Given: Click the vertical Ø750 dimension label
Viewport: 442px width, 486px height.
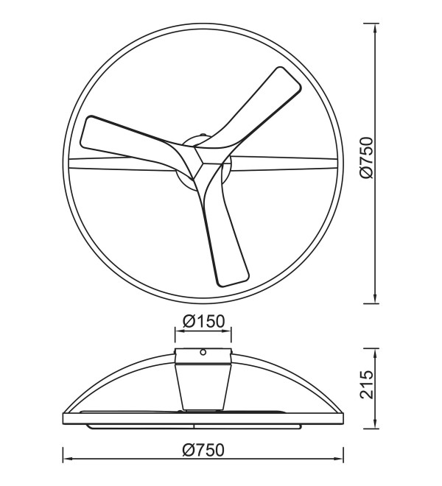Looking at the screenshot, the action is pos(367,158).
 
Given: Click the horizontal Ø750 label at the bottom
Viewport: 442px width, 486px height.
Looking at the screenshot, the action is pos(203,451).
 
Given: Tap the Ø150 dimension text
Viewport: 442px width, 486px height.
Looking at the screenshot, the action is pos(203,321).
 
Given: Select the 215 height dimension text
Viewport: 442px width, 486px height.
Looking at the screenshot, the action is pos(367,384).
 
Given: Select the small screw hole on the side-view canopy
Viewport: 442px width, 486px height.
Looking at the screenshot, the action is pos(203,352).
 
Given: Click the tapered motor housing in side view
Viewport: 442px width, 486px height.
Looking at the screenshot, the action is pos(203,386).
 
